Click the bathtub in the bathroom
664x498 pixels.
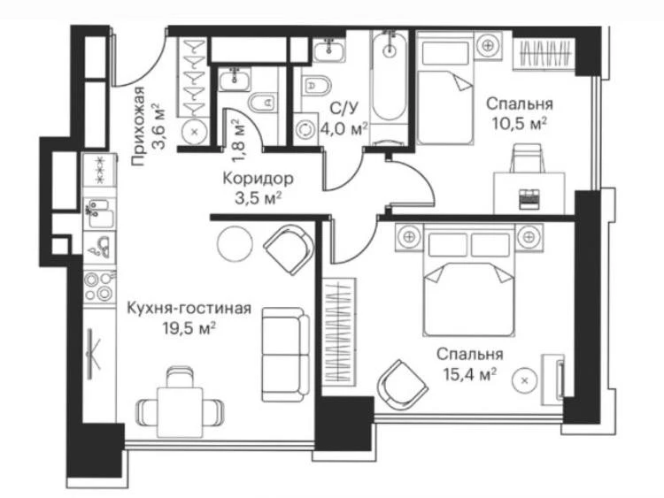(389, 76)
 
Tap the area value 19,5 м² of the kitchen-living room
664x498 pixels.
(189, 327)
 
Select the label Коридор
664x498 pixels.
(258, 179)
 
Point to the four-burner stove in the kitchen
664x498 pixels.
(99, 287)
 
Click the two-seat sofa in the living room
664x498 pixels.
(285, 355)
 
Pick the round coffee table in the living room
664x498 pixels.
(235, 242)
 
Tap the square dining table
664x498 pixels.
(180, 412)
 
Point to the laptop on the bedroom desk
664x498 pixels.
(529, 198)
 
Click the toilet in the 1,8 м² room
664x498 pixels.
(263, 103)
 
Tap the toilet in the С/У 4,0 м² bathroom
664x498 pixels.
(317, 86)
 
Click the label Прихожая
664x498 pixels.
(138, 126)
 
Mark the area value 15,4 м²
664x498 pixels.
(469, 374)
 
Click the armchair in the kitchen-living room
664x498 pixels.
(289, 250)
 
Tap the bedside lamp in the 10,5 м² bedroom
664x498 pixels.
(488, 44)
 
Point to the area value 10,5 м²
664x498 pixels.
(518, 124)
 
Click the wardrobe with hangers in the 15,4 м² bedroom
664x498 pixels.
(338, 332)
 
